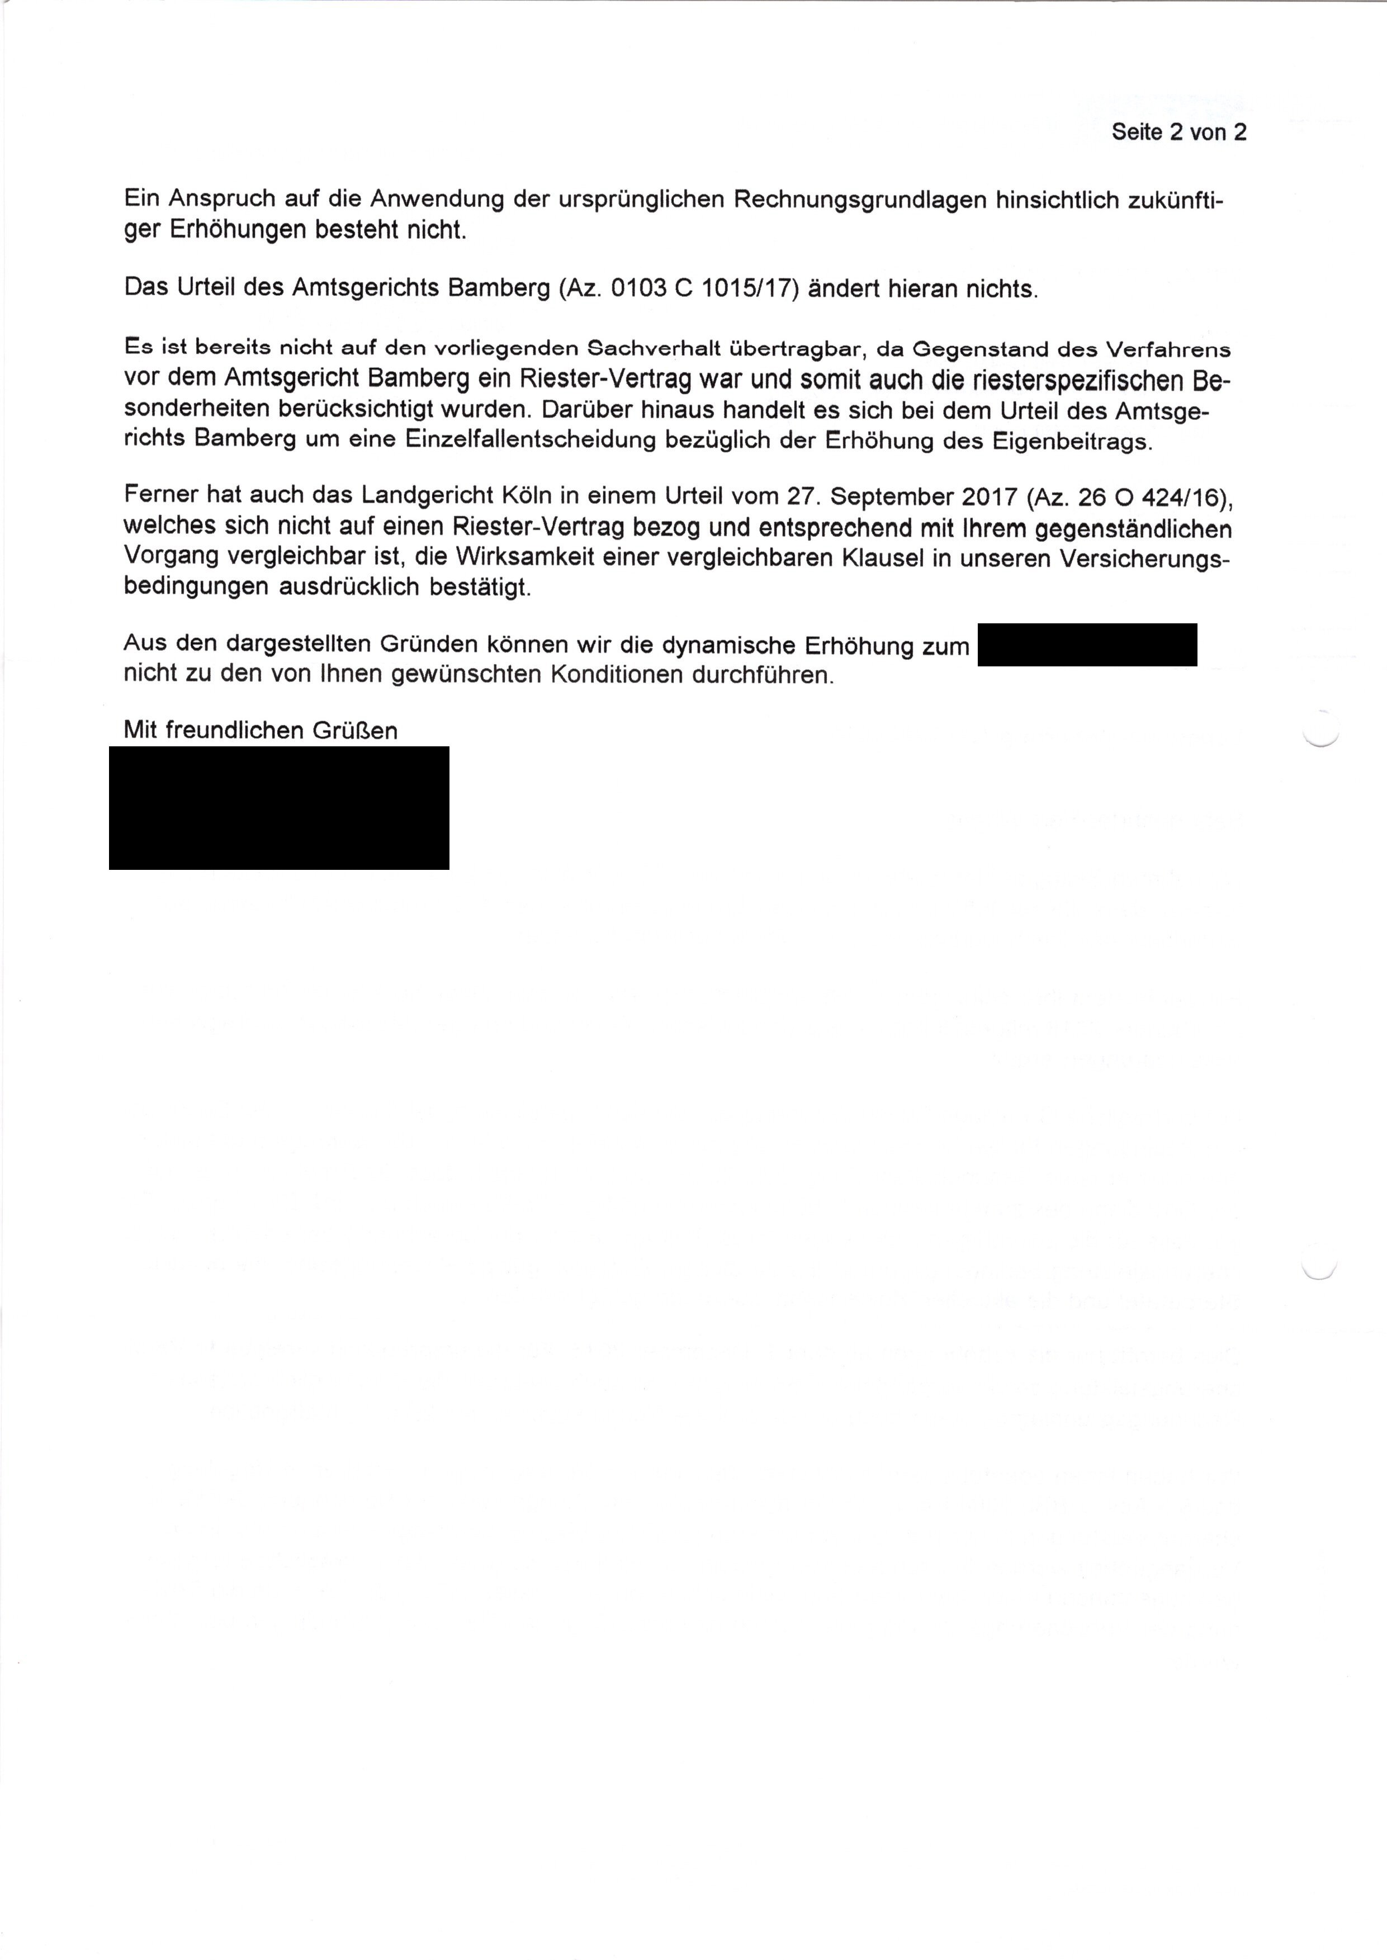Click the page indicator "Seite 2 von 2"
tap(1178, 132)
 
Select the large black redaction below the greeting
tap(280, 808)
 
